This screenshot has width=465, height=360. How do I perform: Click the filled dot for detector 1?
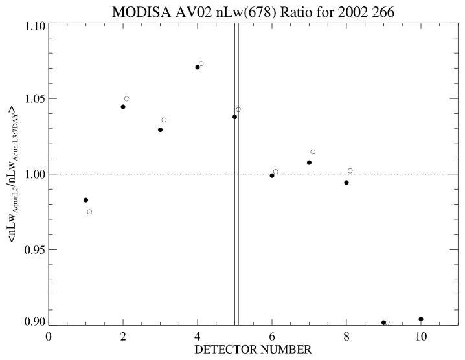(85, 200)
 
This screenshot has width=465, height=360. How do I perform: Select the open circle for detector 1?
(89, 212)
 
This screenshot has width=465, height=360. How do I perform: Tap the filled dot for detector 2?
(123, 107)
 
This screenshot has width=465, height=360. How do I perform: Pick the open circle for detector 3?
(164, 120)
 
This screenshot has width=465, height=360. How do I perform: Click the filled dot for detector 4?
(198, 67)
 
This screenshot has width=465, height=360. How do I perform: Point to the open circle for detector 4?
(201, 63)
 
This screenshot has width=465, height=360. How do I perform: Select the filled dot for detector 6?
(272, 175)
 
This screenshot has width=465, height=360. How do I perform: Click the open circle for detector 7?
(313, 152)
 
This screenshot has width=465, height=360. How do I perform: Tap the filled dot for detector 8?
(346, 183)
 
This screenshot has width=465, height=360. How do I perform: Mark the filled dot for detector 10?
(421, 319)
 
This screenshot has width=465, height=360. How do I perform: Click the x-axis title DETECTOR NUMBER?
(253, 350)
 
